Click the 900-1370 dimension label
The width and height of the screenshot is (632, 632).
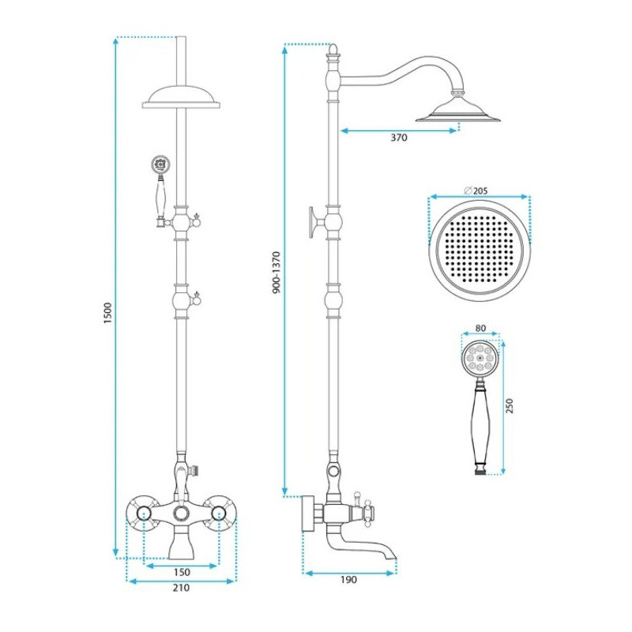pos(275,273)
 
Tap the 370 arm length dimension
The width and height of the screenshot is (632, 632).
pos(398,138)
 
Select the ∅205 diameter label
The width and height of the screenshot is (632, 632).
pos(477,190)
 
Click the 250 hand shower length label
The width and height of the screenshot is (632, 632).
pos(510,406)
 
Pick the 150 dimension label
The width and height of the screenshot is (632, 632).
pos(182,572)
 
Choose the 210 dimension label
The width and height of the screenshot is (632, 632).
pos(181,589)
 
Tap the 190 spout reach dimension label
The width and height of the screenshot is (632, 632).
pos(349,580)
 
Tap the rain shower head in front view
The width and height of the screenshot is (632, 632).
pos(182,98)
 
